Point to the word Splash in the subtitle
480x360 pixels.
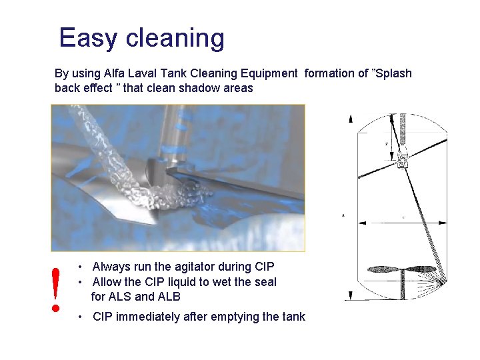coord(393,73)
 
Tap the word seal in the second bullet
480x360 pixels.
coord(265,282)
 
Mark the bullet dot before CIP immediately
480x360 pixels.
coord(79,317)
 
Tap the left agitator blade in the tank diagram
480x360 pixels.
coord(385,270)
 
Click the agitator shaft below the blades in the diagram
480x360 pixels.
coord(403,287)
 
